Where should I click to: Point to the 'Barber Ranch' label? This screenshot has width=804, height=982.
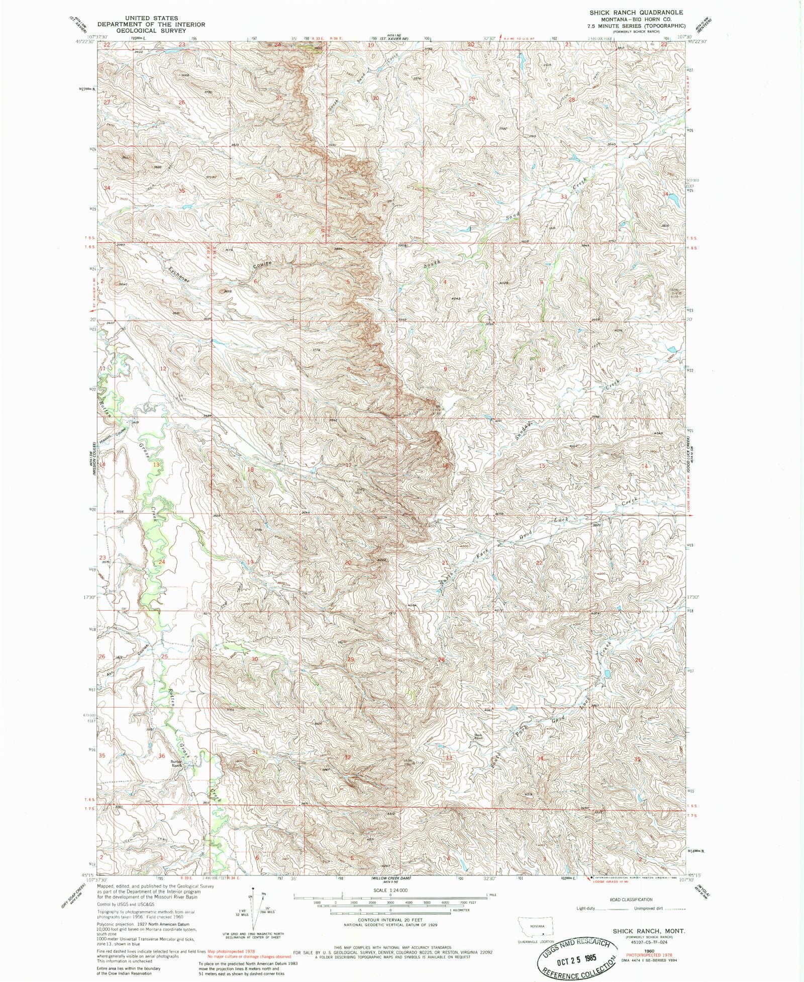click(176, 763)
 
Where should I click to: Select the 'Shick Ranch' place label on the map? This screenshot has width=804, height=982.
click(478, 737)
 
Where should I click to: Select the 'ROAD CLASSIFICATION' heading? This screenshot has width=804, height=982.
click(631, 900)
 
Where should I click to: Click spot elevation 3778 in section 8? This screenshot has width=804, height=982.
click(316, 350)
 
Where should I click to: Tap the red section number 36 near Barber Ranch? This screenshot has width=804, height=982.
click(162, 756)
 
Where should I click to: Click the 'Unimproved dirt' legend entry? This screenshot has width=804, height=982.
click(648, 909)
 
